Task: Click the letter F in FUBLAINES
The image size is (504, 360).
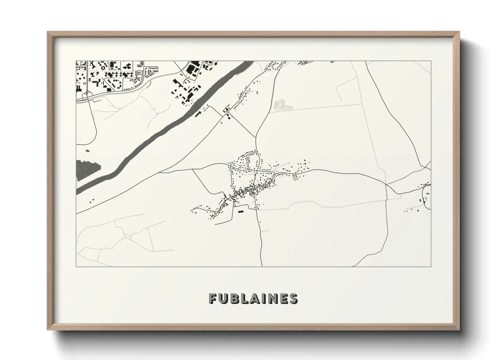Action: point(213,298)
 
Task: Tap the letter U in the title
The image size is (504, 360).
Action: point(224,298)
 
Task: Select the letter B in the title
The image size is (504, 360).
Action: point(235,298)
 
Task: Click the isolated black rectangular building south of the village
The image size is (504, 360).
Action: point(241,211)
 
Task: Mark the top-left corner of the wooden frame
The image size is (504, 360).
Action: point(48,32)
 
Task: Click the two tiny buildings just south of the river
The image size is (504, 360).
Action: point(92,201)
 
